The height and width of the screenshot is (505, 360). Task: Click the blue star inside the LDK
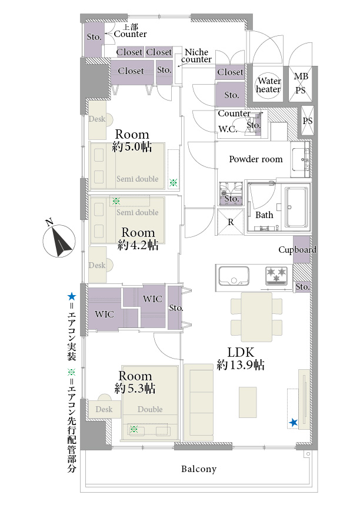(x=294, y=423)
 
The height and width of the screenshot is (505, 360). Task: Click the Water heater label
(x=269, y=85)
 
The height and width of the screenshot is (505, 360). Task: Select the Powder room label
(x=255, y=159)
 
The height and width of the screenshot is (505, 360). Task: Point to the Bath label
(x=264, y=215)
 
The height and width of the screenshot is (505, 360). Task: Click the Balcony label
(x=199, y=469)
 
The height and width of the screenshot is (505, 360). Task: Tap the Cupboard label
(x=297, y=250)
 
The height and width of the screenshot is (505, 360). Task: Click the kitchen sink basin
(x=234, y=276)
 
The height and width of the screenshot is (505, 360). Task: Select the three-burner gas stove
(x=276, y=276)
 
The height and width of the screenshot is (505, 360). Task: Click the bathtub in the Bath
(x=295, y=208)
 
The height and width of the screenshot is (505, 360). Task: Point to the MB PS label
(x=301, y=83)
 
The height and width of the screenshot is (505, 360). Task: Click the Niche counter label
(x=196, y=56)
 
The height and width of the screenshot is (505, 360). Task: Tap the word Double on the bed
(x=150, y=409)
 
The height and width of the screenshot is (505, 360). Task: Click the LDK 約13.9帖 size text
(x=241, y=358)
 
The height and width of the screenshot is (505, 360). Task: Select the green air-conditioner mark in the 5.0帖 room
(x=173, y=183)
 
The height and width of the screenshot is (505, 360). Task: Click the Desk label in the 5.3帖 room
(x=104, y=409)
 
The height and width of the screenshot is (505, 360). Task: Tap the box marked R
(x=231, y=222)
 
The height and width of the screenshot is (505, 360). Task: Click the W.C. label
(x=228, y=129)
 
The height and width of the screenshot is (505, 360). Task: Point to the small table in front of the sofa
(x=248, y=402)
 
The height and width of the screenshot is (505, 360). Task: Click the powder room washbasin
(x=301, y=159)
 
